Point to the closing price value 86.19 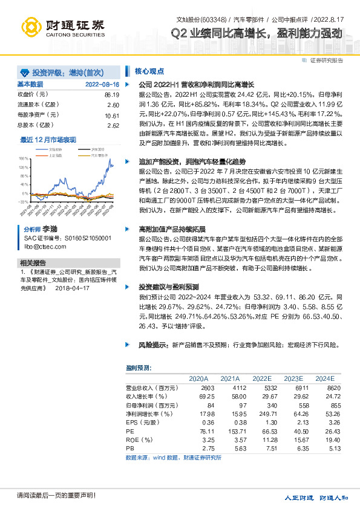pyautogui.click(x=111, y=95)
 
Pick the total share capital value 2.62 pyautogui.click(x=113, y=125)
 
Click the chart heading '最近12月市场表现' pyautogui.click(x=47, y=140)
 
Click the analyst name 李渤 pyautogui.click(x=49, y=230)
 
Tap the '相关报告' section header pyautogui.click(x=33, y=262)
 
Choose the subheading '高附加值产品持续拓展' pyautogui.click(x=172, y=230)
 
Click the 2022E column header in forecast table pyautogui.click(x=261, y=378)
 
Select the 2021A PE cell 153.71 pyautogui.click(x=229, y=432)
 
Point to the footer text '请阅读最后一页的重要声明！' pyautogui.click(x=56, y=496)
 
